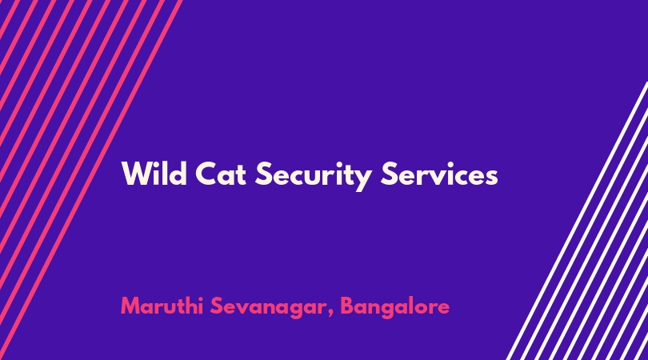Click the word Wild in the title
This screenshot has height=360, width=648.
154,173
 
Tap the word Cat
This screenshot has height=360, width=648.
221,174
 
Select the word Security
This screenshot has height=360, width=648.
314,175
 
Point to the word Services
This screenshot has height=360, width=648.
439,173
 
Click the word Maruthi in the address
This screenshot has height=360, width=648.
162,306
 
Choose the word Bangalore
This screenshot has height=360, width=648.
395,307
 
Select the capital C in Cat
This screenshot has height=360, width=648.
206,174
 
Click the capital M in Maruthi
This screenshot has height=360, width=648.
130,306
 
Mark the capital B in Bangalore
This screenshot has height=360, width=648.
347,306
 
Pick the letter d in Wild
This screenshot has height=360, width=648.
178,174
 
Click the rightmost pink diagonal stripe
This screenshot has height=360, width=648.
91,180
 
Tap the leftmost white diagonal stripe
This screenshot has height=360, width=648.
577,221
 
